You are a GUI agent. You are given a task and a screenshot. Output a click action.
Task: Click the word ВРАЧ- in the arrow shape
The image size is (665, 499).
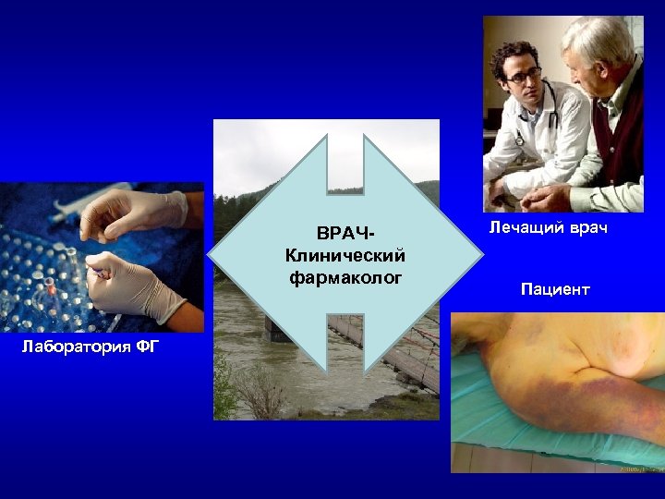pos(345,232)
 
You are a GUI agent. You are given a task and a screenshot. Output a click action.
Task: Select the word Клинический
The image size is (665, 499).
pos(345,254)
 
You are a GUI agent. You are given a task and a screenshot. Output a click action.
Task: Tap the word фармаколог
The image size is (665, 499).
pos(345,276)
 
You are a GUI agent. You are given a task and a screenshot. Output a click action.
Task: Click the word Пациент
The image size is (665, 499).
pos(554,290)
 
